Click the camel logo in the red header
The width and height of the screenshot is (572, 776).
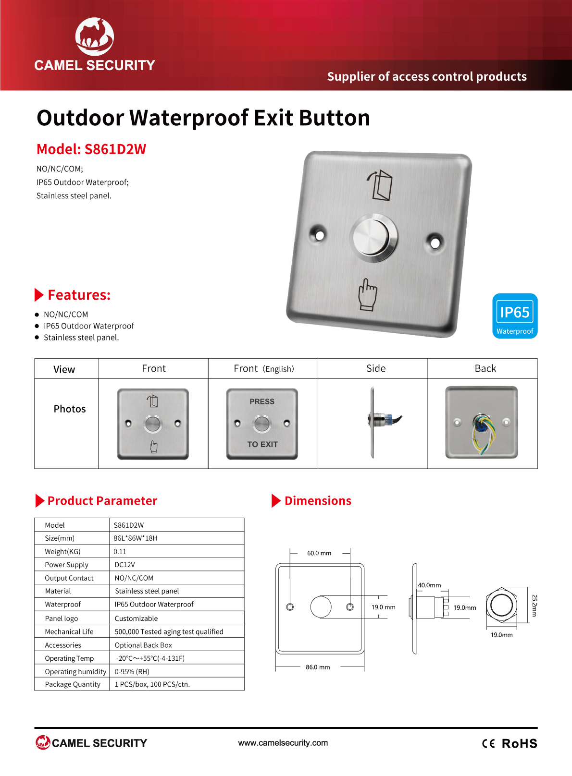94,36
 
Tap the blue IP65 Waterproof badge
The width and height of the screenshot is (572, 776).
515,316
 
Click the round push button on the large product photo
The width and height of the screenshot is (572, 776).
373,238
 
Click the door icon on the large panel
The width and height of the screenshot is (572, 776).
380,185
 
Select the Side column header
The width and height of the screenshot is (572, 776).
376,368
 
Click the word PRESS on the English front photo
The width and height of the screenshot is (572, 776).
262,401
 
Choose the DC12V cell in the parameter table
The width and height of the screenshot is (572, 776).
125,565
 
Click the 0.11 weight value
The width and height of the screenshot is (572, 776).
120,552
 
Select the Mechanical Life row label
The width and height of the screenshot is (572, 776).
69,631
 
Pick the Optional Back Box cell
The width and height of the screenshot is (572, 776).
143,645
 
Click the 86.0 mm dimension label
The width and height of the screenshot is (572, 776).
318,667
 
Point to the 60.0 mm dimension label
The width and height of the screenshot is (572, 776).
319,553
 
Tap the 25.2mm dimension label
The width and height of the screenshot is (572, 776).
534,606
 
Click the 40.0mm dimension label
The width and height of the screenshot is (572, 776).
429,585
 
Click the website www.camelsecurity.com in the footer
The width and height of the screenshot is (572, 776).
283,743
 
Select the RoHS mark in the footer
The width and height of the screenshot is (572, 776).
519,743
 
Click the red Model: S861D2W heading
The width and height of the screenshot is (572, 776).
91,149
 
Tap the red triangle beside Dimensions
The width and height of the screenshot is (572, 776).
276,501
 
